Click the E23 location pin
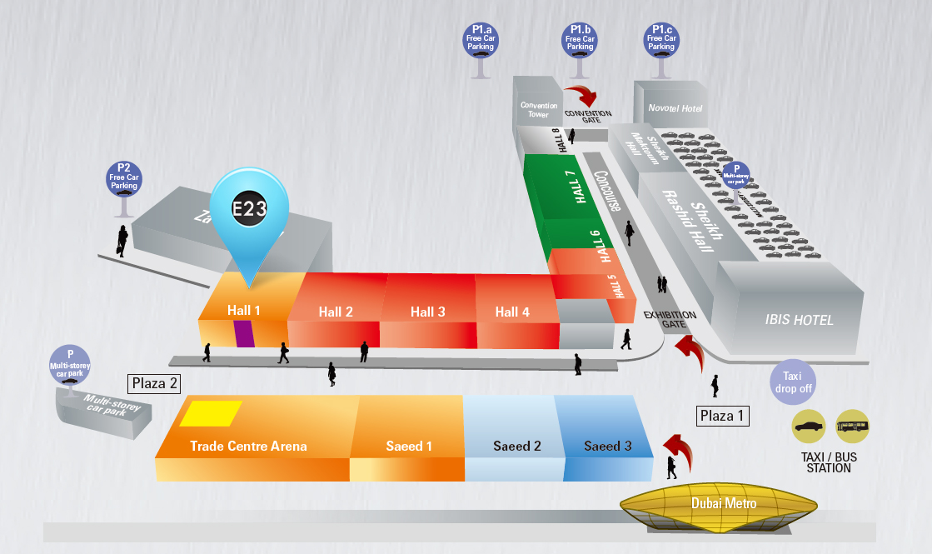(x=249, y=209)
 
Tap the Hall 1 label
(x=244, y=311)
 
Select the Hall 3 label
(x=427, y=312)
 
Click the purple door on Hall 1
(x=243, y=332)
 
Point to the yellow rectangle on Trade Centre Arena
(x=211, y=413)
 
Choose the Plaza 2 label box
(x=154, y=383)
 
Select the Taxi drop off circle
(x=793, y=382)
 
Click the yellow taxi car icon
(x=808, y=426)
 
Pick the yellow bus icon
(x=852, y=426)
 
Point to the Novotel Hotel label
(x=675, y=108)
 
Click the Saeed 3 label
(x=607, y=447)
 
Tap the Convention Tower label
(x=538, y=109)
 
